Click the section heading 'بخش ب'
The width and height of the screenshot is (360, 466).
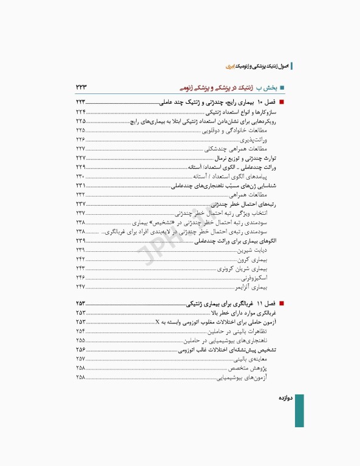(268, 87)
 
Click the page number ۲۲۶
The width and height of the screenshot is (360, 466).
(81, 140)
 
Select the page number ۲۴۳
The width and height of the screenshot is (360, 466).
(81, 268)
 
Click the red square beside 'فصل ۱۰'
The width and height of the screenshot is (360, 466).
(281, 104)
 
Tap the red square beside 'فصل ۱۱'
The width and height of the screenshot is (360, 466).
(281, 303)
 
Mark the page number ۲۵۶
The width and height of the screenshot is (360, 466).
(81, 350)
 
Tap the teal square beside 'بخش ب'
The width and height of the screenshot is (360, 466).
(281, 87)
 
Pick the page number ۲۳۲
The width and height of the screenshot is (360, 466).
(81, 194)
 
